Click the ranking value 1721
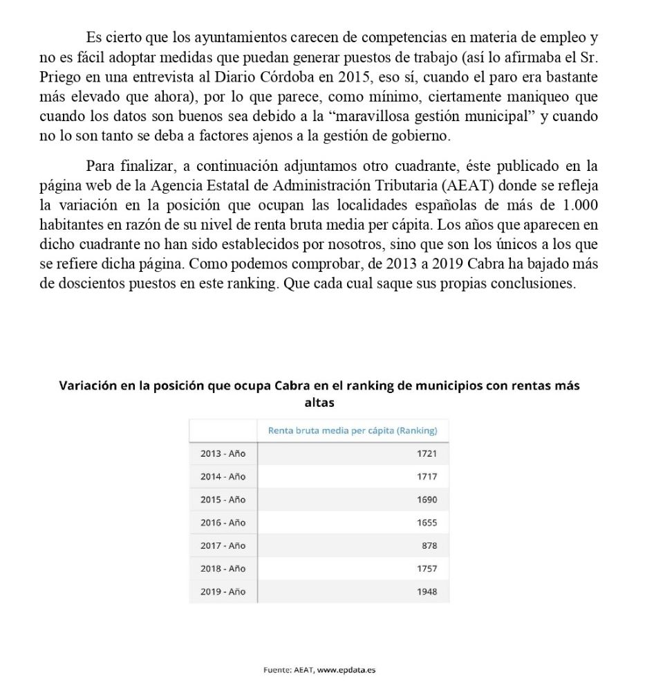427,453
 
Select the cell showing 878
429,545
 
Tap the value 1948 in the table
427,592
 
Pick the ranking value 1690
427,500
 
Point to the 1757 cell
427,569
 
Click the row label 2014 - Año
223,477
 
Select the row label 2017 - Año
223,545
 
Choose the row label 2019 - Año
223,592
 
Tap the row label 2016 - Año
223,522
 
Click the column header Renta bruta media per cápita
353,430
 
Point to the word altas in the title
319,402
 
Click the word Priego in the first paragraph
61,76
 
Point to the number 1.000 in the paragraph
580,206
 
